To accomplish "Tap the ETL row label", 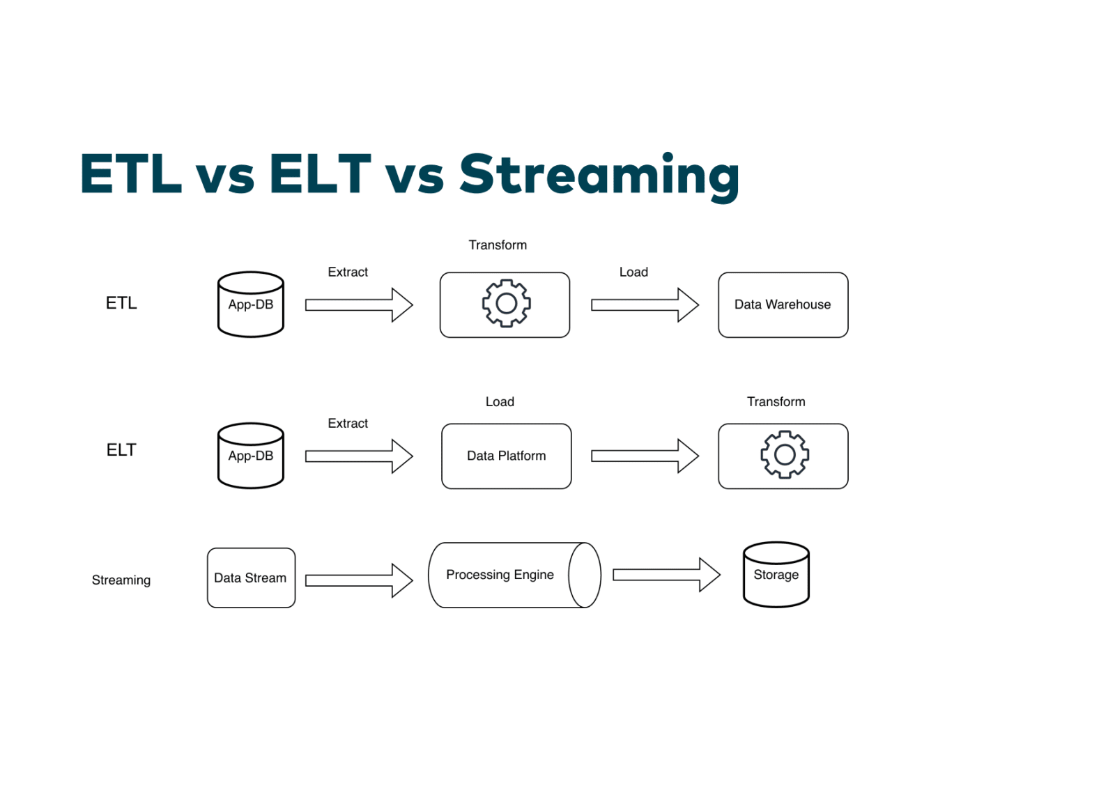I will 121,303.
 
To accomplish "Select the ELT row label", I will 121,450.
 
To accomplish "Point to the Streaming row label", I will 121,580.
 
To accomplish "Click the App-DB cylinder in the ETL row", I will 251,305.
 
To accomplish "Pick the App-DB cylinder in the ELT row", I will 251,456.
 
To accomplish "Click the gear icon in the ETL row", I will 507,303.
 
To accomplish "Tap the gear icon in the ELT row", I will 785,454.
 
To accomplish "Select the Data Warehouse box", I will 783,304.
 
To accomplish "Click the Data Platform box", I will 506,456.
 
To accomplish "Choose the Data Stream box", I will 251,578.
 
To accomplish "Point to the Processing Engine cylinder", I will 514,575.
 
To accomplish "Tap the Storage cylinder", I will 776,575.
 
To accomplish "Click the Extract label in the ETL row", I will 348,272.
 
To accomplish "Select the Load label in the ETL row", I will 633,272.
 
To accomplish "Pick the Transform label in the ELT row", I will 776,401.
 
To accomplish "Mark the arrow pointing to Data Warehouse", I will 645,304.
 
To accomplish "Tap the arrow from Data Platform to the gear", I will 645,456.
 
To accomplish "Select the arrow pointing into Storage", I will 666,575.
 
